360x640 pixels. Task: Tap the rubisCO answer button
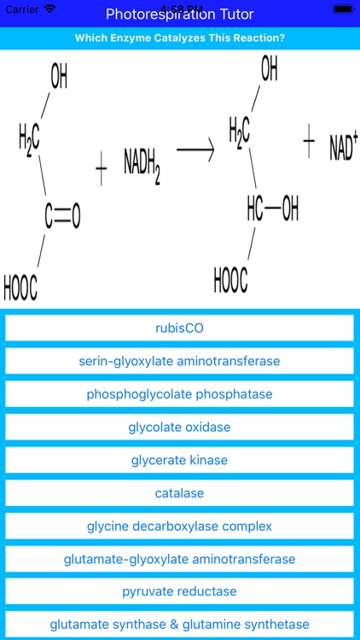tap(179, 328)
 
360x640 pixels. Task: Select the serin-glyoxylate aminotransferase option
tap(179, 361)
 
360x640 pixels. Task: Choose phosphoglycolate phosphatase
tap(179, 394)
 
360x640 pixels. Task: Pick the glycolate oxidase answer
tap(179, 427)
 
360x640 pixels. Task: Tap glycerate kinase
tap(179, 460)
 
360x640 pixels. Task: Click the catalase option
tap(179, 493)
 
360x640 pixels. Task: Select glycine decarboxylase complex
tap(179, 526)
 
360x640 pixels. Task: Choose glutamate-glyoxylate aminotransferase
tap(179, 559)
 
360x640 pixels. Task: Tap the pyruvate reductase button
tap(179, 591)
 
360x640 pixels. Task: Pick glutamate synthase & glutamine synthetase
tap(179, 625)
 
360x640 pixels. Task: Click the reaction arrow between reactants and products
tap(195, 149)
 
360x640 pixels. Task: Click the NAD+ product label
tap(343, 147)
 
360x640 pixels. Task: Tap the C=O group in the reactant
tap(62, 218)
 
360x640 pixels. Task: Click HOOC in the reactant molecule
tap(20, 288)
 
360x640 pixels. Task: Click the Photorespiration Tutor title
tap(179, 15)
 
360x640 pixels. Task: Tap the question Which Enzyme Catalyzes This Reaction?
tap(179, 38)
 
